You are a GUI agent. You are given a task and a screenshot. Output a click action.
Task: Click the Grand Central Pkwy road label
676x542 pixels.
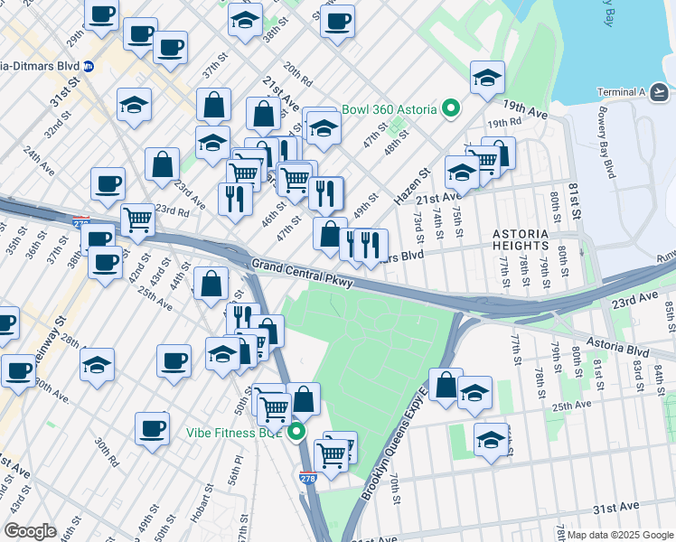(x=302, y=273)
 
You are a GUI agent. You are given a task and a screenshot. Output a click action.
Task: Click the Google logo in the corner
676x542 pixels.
(x=31, y=530)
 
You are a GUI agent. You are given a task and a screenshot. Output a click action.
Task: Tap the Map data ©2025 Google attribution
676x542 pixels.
(x=620, y=535)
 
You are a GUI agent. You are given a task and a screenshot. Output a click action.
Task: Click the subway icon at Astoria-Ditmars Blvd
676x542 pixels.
(x=89, y=66)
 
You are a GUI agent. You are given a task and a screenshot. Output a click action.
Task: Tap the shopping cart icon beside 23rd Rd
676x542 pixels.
(x=137, y=217)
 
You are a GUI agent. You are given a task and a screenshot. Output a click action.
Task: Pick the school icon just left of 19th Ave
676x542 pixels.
(x=486, y=79)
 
